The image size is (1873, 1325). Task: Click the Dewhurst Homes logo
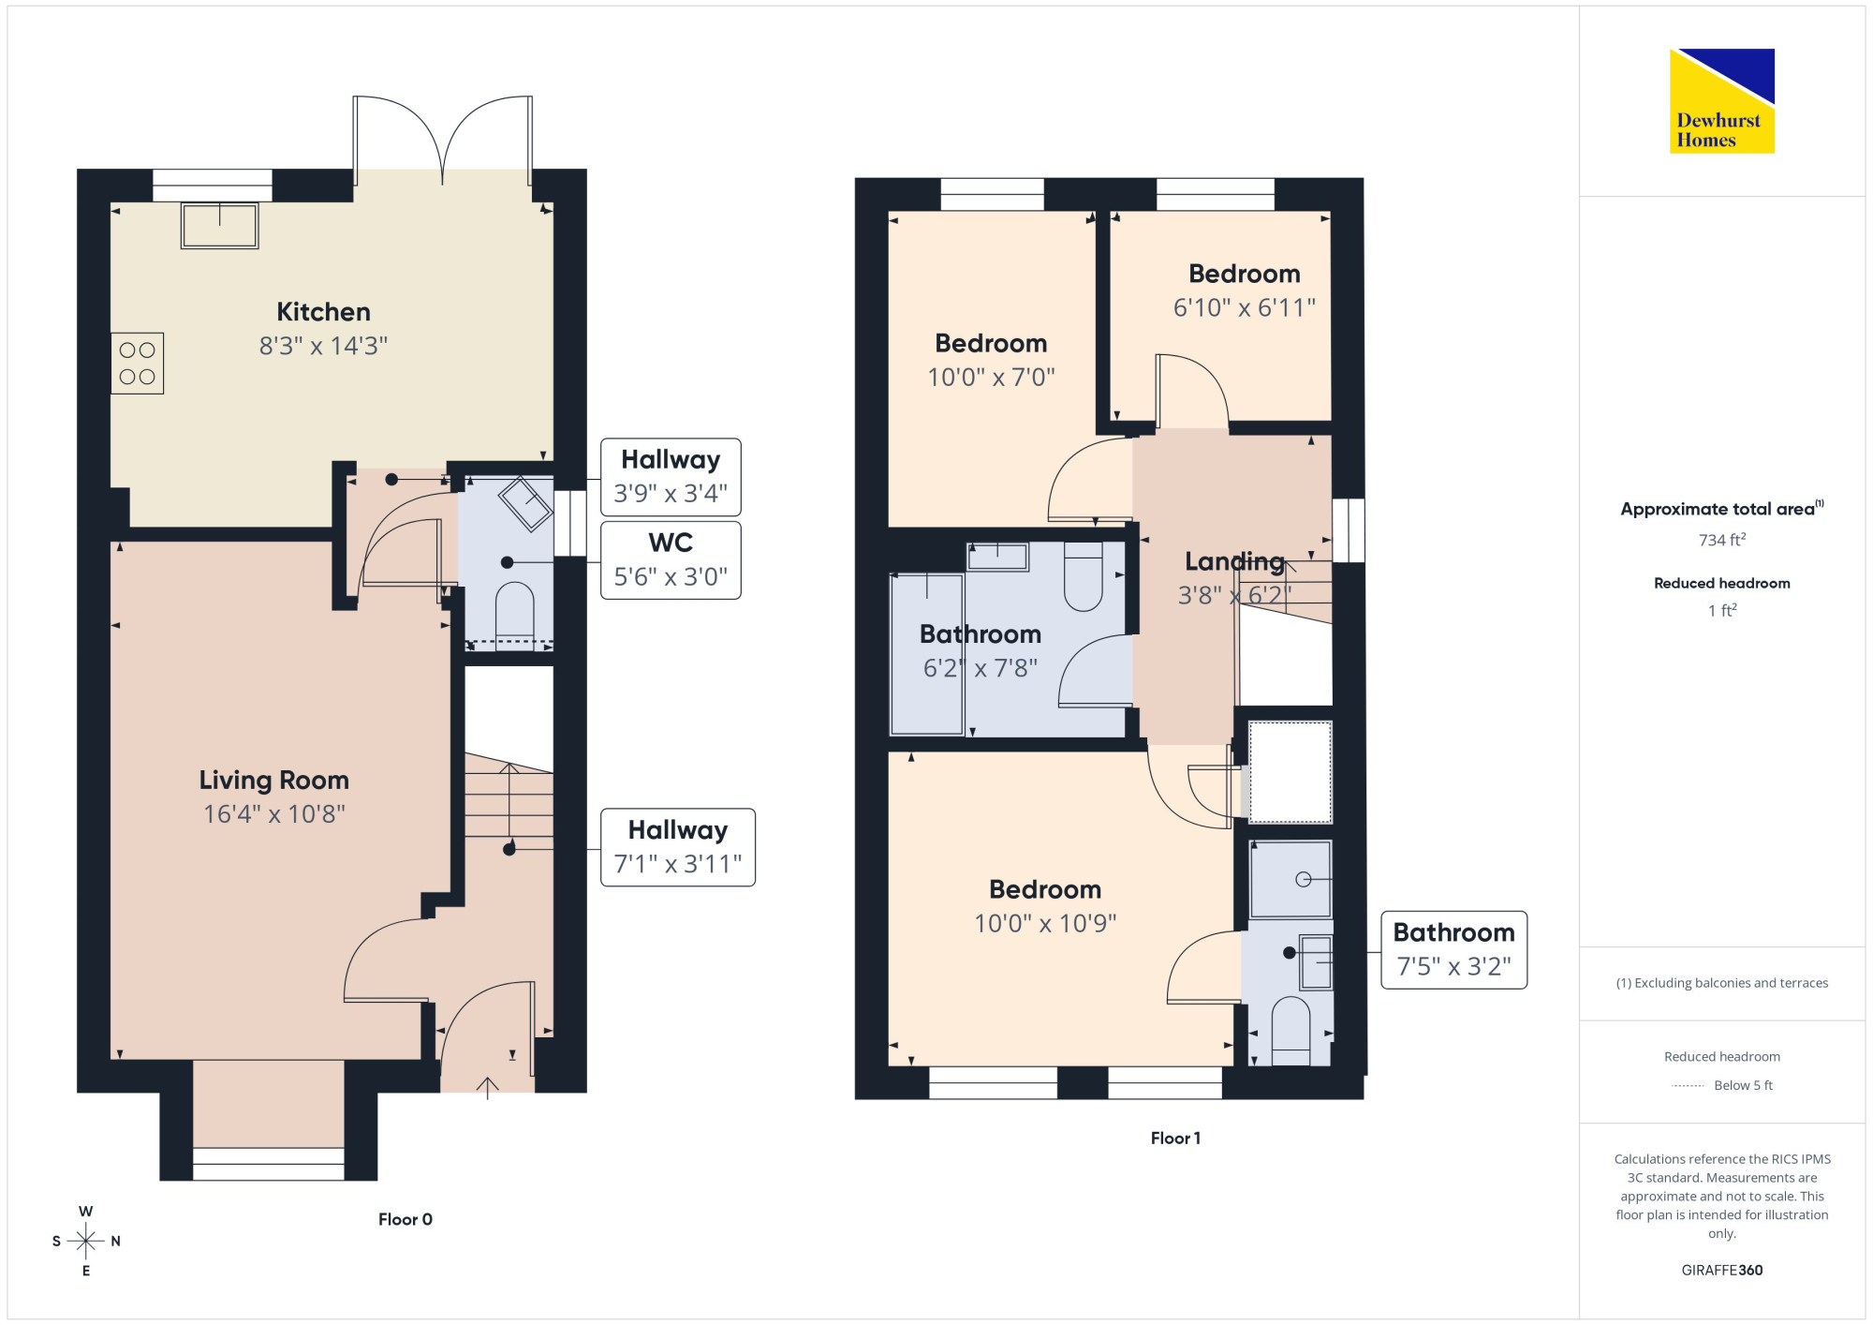coord(1722,100)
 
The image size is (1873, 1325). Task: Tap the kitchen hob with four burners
coord(138,364)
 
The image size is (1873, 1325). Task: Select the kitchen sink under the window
coord(220,226)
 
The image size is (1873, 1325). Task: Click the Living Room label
coord(273,780)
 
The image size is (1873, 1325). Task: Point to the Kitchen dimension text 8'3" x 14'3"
coord(323,346)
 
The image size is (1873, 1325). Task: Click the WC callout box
coord(671,560)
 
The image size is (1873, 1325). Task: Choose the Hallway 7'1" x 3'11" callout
coord(678,847)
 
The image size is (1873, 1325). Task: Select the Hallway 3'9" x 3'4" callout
coord(671,477)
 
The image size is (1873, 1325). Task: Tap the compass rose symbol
coord(86,1242)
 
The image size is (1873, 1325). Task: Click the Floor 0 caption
coord(406,1219)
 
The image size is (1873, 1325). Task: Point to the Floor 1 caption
coord(1175,1138)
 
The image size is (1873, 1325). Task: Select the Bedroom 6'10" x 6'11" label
coord(1245,290)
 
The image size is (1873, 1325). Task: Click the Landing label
coord(1234,561)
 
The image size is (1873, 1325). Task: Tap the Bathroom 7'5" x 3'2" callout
coord(1454,949)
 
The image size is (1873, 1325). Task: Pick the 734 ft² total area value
coord(1722,540)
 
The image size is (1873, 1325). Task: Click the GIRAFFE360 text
coord(1722,1270)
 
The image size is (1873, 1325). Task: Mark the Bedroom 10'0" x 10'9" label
coord(1045,906)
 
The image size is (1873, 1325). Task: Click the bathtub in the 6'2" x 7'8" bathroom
coord(927,654)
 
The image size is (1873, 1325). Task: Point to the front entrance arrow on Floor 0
coord(487,1088)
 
